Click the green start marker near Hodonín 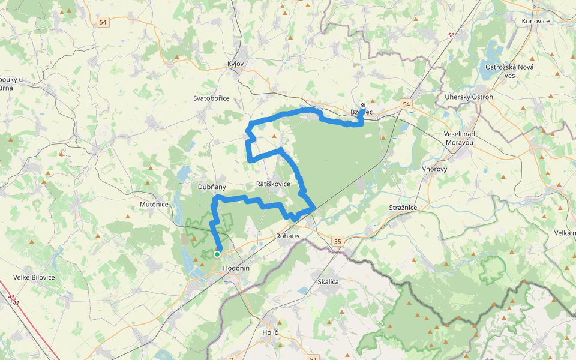point(217,254)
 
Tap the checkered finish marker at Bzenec point(363,106)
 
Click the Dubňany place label point(212,187)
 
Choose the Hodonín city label point(235,268)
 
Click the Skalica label point(328,281)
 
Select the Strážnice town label point(403,208)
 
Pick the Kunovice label point(536,21)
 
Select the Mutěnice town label point(153,204)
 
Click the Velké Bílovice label point(35,277)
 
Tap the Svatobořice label point(211,98)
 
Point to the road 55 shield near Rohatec point(338,241)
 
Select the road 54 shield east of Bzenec point(407,104)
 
